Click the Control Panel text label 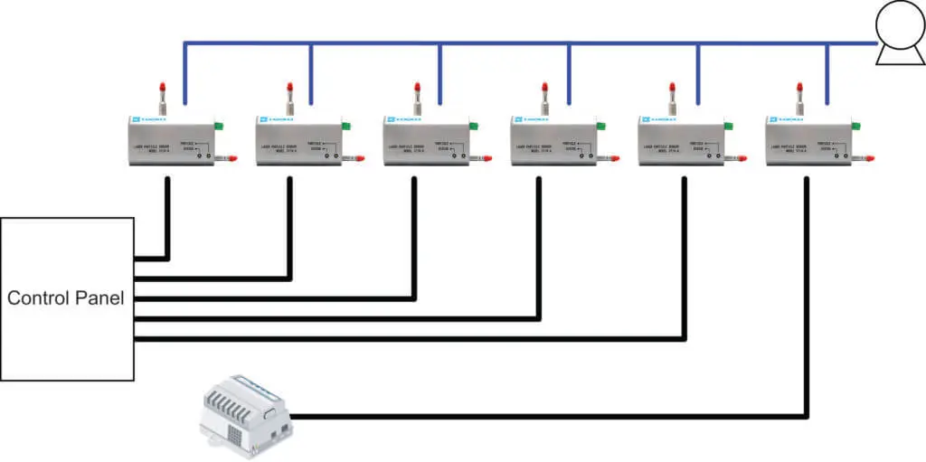click(x=65, y=298)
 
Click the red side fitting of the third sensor click(x=486, y=158)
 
